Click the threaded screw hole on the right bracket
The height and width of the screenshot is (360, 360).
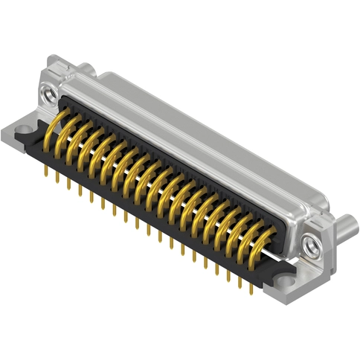coord(309,242)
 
